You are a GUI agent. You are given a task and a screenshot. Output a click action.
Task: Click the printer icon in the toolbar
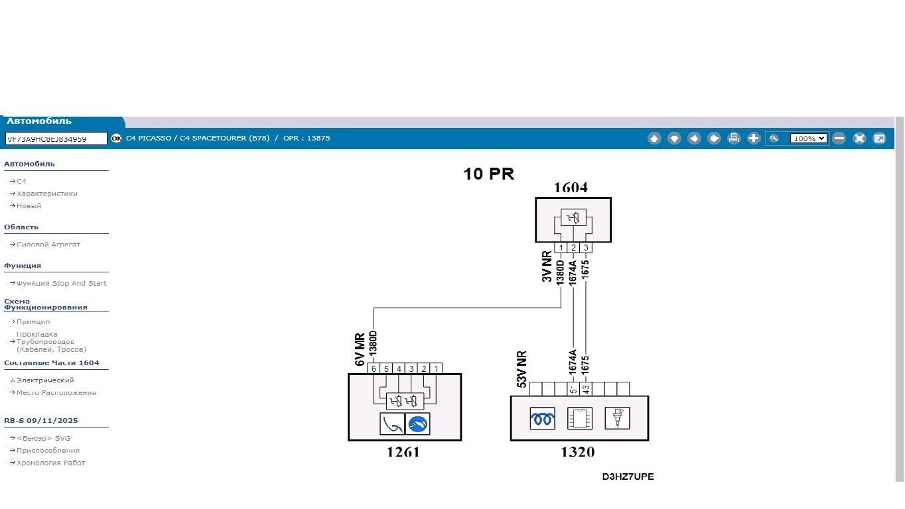tap(734, 139)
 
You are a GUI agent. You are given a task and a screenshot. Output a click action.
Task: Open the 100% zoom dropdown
tap(808, 139)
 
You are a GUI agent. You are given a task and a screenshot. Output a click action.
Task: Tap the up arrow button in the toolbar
tap(654, 139)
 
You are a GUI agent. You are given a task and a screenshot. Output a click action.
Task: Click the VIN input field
tap(56, 139)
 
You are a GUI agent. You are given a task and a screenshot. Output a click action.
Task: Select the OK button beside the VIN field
tap(117, 139)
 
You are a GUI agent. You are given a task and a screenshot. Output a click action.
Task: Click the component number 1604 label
tap(571, 188)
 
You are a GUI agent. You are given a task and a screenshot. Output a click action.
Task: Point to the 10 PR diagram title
tap(488, 174)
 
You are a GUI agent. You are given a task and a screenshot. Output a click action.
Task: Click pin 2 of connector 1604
tap(573, 248)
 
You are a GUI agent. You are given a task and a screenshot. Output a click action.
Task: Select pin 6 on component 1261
tap(374, 368)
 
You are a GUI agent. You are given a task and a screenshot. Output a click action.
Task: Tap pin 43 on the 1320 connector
tap(586, 389)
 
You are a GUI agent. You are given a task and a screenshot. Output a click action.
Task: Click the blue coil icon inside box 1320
tap(542, 419)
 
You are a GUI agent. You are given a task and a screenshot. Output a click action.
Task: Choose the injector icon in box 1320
tap(617, 418)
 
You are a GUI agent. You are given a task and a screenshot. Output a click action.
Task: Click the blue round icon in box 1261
tap(417, 424)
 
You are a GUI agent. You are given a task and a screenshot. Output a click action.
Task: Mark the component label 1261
tap(403, 452)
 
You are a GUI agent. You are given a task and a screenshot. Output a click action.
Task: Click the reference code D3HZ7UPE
tap(628, 477)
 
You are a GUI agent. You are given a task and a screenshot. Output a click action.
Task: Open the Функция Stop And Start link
tap(61, 283)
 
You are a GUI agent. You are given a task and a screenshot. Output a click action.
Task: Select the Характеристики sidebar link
tap(47, 194)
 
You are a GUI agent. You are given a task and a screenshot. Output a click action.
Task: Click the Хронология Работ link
tap(50, 463)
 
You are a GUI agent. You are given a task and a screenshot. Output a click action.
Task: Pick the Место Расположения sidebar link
tap(56, 392)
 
